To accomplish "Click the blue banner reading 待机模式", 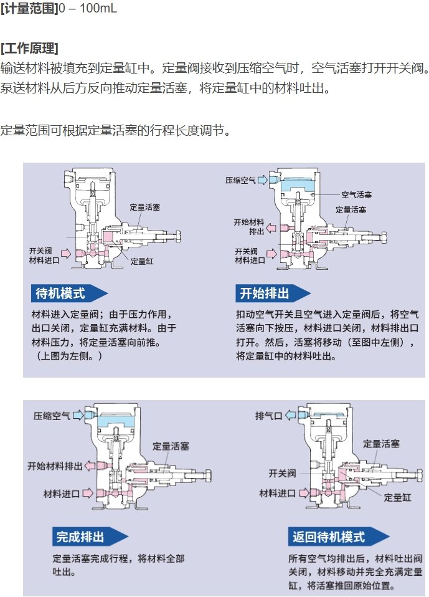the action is (x=69, y=294).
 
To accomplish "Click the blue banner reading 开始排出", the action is (x=273, y=294).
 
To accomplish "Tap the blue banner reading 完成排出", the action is (x=90, y=537).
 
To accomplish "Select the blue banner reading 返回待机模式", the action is (x=339, y=537).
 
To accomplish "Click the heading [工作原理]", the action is (x=29, y=49).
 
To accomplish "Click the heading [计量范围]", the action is (x=29, y=8).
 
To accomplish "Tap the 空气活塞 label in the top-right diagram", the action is (x=356, y=195).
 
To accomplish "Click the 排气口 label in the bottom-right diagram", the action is (x=268, y=416).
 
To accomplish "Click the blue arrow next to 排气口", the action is (x=290, y=415).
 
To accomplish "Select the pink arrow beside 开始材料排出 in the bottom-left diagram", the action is (x=90, y=466).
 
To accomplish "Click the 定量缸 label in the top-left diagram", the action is (x=142, y=261).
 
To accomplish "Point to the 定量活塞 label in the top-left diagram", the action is (x=145, y=208).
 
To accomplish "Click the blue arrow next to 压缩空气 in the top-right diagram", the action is (x=262, y=179).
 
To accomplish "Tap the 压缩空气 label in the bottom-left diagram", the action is (x=52, y=416).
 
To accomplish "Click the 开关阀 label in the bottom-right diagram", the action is (x=282, y=473).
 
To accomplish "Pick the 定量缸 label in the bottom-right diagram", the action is (x=397, y=498).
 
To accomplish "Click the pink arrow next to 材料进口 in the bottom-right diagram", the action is (x=304, y=494).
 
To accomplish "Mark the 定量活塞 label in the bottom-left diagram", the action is (x=171, y=446).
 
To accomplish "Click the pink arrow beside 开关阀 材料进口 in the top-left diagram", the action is (x=66, y=253).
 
